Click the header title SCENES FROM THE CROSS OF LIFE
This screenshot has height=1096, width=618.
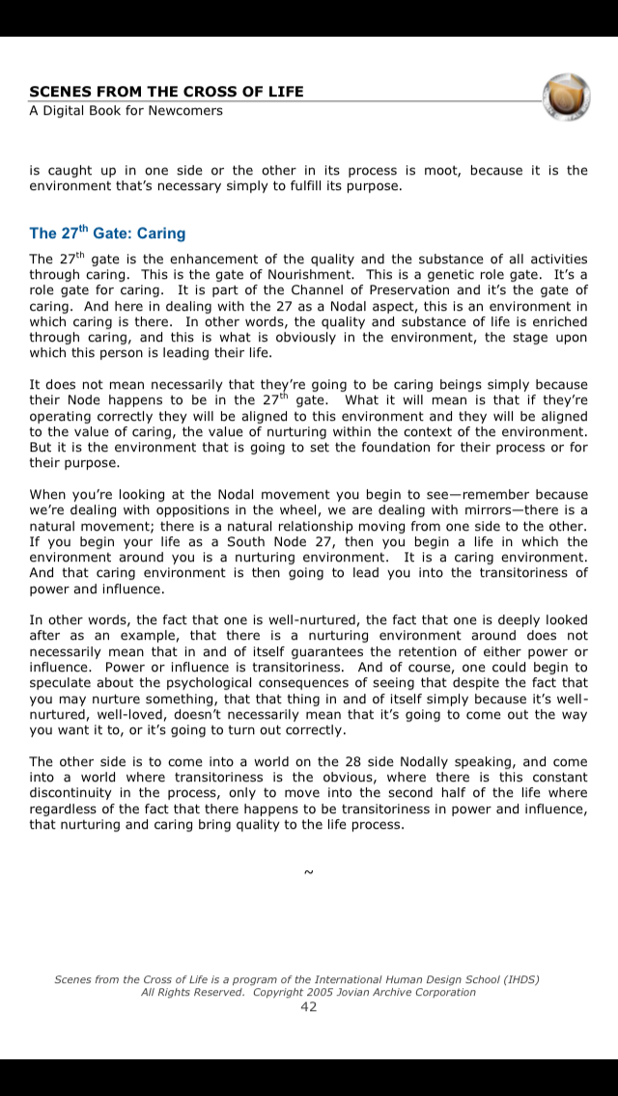pyautogui.click(x=166, y=92)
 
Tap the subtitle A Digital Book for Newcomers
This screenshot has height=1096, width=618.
pyautogui.click(x=126, y=110)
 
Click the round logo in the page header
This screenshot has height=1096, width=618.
pyautogui.click(x=567, y=96)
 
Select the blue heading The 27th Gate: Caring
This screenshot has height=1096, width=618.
pyautogui.click(x=107, y=233)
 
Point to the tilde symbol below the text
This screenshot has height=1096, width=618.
pyautogui.click(x=308, y=872)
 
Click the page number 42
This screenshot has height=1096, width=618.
pyautogui.click(x=308, y=1006)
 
